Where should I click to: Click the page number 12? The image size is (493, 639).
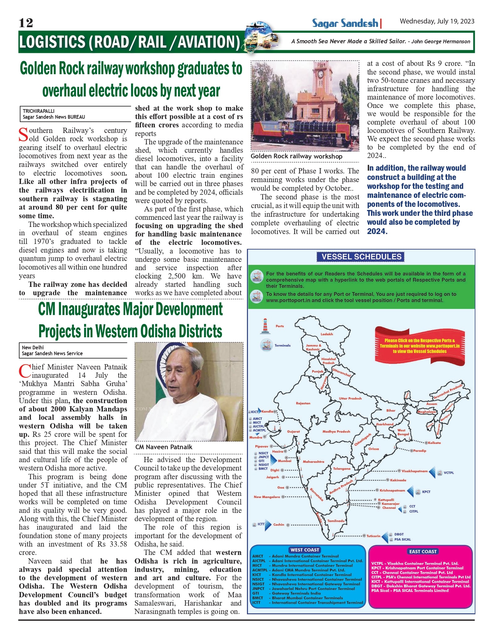[x=26, y=23]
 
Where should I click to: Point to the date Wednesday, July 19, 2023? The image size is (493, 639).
[x=437, y=21]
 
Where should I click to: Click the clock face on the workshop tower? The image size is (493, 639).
[x=321, y=74]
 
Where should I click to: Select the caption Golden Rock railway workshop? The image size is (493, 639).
[x=296, y=156]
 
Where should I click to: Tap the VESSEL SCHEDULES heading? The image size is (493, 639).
[x=361, y=257]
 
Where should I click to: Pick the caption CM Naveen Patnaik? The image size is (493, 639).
[x=164, y=447]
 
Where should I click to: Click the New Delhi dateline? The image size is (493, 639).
[x=33, y=347]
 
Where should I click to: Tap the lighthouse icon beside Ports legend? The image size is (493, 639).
[x=265, y=326]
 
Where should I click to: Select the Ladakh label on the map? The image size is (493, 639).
[x=327, y=334]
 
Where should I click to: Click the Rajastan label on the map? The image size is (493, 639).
[x=303, y=403]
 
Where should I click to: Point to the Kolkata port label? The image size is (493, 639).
[x=435, y=443]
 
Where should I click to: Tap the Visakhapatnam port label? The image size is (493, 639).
[x=414, y=471]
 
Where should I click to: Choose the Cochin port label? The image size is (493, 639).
[x=278, y=525]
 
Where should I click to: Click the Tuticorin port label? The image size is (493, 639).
[x=373, y=536]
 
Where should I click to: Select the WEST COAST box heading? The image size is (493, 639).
[x=304, y=550]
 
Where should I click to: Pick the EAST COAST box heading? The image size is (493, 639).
[x=423, y=552]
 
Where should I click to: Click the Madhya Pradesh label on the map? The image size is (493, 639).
[x=336, y=432]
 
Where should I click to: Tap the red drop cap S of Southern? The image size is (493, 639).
[x=23, y=134]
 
